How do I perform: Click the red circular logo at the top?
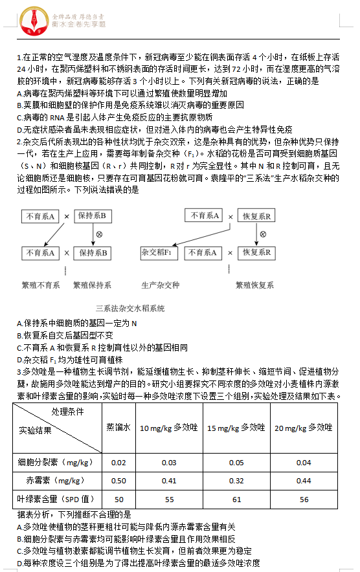coord(28,20)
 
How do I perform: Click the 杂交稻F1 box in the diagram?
coord(159,253)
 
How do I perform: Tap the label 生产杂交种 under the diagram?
coord(160,284)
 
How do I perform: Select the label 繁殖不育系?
coord(40,284)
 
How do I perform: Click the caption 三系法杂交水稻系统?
coord(129,309)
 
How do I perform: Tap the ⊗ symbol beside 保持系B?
coord(99,234)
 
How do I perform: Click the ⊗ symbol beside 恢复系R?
coord(263,234)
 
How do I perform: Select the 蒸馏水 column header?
coord(118,427)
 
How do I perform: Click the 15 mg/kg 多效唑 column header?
coord(236,427)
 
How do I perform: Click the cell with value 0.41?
coord(168,481)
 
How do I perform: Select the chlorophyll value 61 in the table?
coord(236,499)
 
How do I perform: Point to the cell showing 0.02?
coord(118,462)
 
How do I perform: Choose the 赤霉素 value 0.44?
coord(304,481)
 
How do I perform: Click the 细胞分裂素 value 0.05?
coord(236,462)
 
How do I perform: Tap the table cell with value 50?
coord(118,499)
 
